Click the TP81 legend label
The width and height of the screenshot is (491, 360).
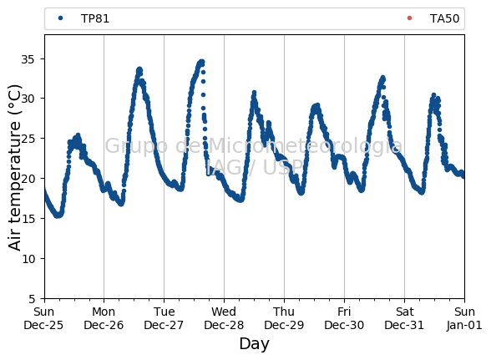point(95,18)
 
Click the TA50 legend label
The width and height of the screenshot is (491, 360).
point(444,18)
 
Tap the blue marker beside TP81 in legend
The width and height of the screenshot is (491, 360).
point(60,18)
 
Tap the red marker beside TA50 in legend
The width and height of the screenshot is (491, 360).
point(409,18)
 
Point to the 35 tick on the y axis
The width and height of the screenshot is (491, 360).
point(28,59)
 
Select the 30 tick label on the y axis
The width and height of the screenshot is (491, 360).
point(28,99)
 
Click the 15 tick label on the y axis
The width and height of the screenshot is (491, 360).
point(28,219)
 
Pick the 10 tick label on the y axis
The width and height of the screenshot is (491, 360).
point(28,259)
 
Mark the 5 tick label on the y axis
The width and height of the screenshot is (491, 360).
point(32,299)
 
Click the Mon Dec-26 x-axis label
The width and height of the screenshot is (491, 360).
point(104,318)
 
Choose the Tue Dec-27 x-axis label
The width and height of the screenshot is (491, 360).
point(164,318)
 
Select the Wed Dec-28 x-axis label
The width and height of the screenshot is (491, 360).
point(224,318)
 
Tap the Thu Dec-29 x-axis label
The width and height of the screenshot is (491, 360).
point(284,318)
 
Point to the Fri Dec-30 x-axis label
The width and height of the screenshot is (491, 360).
point(344,318)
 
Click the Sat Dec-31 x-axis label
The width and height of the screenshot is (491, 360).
point(404,318)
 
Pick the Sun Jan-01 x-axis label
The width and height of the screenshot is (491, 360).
point(464,318)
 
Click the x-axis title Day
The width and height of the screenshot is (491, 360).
point(254,344)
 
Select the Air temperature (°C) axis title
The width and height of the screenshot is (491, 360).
point(14,168)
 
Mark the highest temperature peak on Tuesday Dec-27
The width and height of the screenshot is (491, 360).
point(202,62)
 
